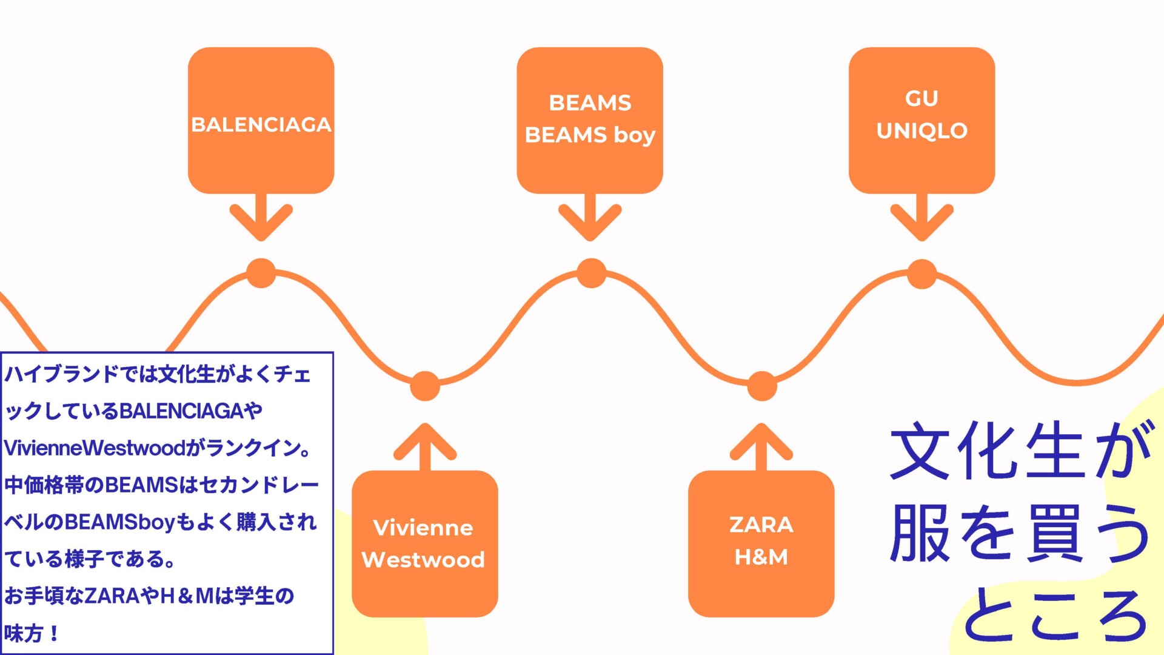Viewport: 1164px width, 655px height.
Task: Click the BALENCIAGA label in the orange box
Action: [261, 124]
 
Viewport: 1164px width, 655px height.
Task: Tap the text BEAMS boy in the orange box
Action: [590, 135]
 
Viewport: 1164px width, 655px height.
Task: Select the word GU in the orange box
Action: [921, 98]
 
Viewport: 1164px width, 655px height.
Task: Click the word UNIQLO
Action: [921, 130]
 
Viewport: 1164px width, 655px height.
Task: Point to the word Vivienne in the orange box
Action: [423, 528]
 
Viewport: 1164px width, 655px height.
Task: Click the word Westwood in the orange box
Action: [423, 559]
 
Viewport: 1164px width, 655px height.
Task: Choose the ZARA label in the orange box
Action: [761, 525]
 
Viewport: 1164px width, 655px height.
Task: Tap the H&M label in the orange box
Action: [761, 557]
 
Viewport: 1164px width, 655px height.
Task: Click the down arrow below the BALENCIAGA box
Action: [261, 218]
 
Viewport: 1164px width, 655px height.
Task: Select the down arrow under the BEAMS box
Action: [590, 218]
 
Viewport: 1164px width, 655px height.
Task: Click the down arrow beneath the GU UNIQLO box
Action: [921, 218]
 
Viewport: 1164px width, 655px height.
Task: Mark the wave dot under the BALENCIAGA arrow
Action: [261, 273]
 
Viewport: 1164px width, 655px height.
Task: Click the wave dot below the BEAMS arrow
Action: [591, 273]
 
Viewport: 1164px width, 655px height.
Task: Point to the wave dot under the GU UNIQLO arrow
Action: [921, 274]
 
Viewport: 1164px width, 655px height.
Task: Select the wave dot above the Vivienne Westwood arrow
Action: [425, 386]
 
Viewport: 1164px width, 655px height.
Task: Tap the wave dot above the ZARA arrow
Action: [761, 386]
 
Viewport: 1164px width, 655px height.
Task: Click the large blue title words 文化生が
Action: [1018, 452]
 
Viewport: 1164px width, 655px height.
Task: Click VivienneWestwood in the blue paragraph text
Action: [95, 448]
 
